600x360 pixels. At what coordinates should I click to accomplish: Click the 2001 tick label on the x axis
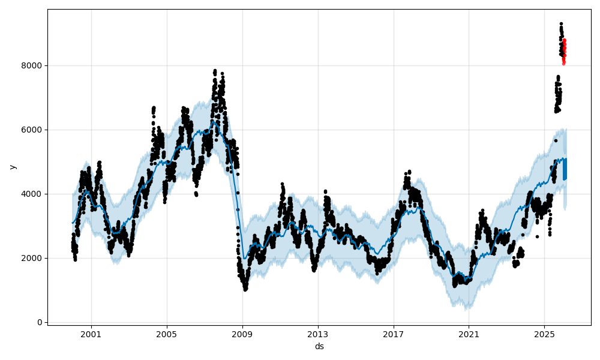[x=91, y=334]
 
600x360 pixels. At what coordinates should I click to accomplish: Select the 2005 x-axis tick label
[x=167, y=334]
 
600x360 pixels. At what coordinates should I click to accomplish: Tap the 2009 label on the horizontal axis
[x=242, y=334]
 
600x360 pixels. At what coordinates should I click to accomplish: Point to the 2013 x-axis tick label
[x=318, y=334]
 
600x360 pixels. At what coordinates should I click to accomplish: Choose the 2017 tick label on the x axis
[x=394, y=334]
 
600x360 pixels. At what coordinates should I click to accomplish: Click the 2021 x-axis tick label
[x=469, y=334]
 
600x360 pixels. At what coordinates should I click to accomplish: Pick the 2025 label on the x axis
[x=544, y=334]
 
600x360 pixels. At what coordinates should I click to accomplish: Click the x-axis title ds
[x=319, y=346]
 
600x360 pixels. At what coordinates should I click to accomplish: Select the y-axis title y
[x=11, y=167]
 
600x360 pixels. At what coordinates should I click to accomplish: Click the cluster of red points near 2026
[x=564, y=51]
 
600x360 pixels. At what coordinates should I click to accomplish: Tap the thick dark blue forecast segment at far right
[x=565, y=169]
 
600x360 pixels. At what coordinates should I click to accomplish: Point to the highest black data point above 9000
[x=561, y=24]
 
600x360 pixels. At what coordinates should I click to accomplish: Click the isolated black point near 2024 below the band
[x=537, y=236]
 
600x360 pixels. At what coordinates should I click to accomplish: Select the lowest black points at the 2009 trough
[x=245, y=289]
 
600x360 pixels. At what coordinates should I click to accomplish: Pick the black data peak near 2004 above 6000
[x=154, y=108]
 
